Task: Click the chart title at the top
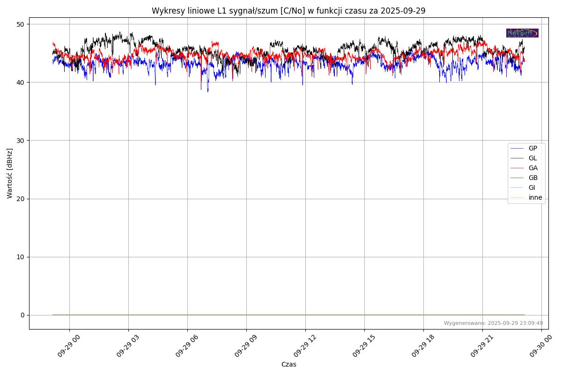(288, 11)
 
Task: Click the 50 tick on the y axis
(21, 24)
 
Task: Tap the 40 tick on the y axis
(21, 82)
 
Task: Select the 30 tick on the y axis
(21, 141)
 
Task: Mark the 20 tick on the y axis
(21, 199)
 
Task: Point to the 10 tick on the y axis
(21, 257)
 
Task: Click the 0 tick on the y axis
(22, 315)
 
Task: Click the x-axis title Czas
(288, 364)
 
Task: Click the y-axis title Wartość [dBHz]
(10, 173)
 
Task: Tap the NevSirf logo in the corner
(522, 33)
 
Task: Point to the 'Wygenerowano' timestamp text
(493, 323)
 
